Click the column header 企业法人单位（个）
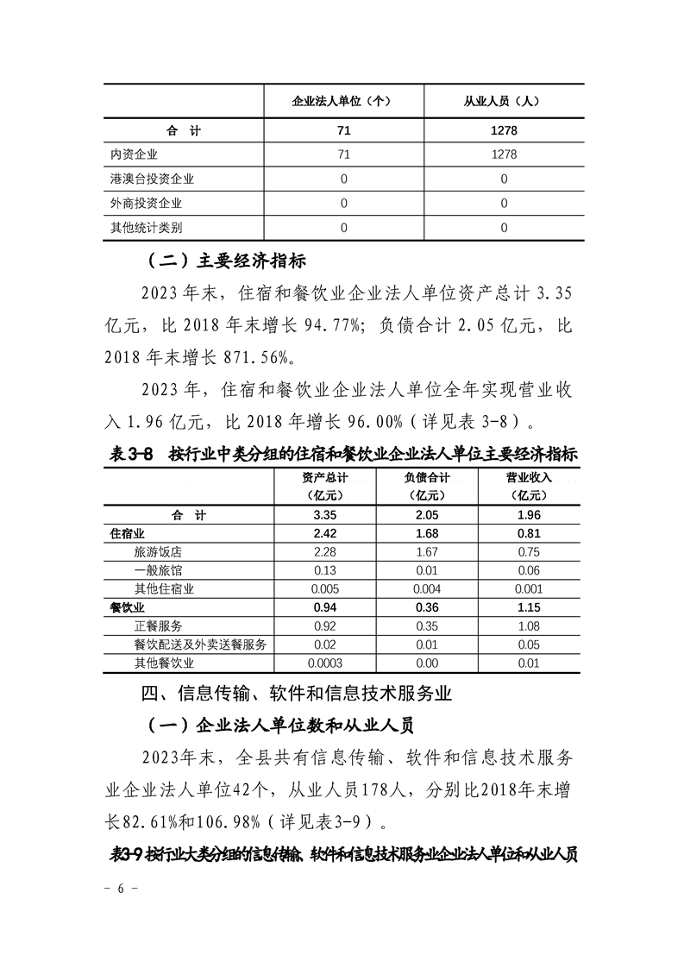(x=343, y=100)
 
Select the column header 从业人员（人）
(x=504, y=100)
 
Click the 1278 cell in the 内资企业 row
(x=504, y=154)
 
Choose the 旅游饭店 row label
(x=158, y=552)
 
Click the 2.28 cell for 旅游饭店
(x=325, y=552)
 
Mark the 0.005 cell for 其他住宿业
(x=325, y=589)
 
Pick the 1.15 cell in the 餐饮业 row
(x=529, y=608)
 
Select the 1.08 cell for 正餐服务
(x=529, y=626)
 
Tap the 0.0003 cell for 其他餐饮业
(x=325, y=663)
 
